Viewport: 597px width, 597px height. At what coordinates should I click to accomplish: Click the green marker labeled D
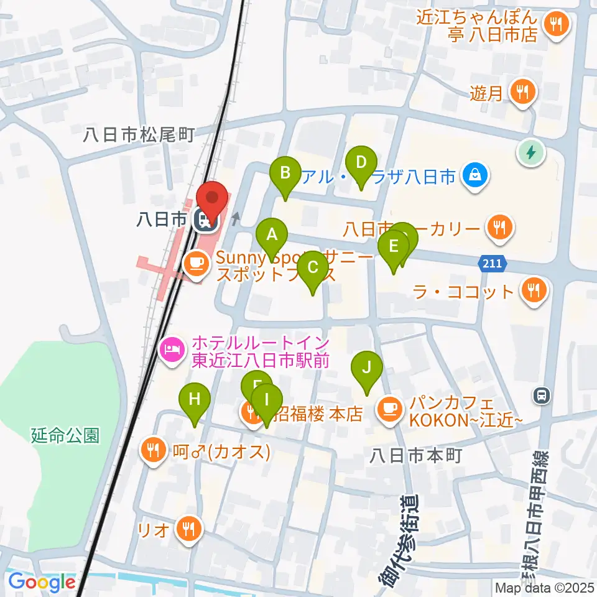pos(361,164)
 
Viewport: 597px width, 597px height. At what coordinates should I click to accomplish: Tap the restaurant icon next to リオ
pos(187,529)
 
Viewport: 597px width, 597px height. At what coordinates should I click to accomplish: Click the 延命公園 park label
pos(65,435)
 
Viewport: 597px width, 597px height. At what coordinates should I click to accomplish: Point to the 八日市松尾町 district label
pos(141,133)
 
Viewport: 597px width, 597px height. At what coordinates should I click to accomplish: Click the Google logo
pos(42,583)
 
